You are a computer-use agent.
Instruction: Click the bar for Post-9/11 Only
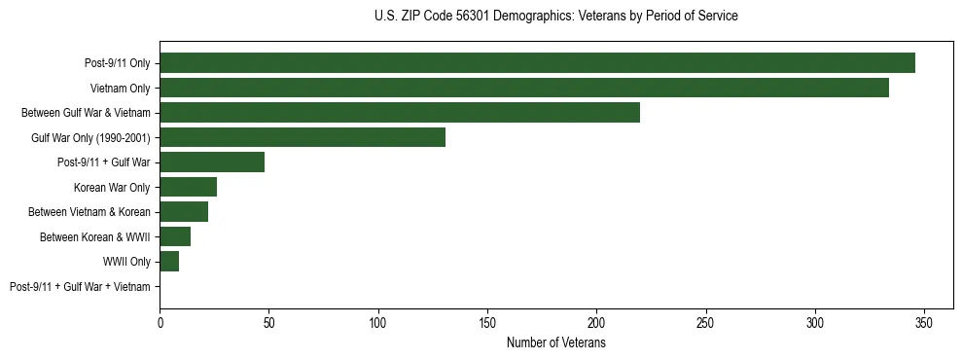pyautogui.click(x=537, y=63)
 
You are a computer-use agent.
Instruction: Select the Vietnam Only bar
pyautogui.click(x=524, y=88)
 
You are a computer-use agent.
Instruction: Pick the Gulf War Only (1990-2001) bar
pyautogui.click(x=303, y=137)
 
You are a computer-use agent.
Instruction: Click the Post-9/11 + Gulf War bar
pyautogui.click(x=212, y=162)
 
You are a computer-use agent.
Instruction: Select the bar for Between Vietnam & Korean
pyautogui.click(x=184, y=212)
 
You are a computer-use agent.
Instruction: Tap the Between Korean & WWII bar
pyautogui.click(x=175, y=236)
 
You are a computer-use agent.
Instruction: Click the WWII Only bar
pyautogui.click(x=169, y=262)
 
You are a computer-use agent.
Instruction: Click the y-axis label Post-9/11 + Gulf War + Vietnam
pyautogui.click(x=80, y=287)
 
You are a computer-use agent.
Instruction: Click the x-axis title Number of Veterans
pyautogui.click(x=555, y=343)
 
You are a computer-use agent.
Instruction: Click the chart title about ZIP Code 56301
pyautogui.click(x=555, y=17)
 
